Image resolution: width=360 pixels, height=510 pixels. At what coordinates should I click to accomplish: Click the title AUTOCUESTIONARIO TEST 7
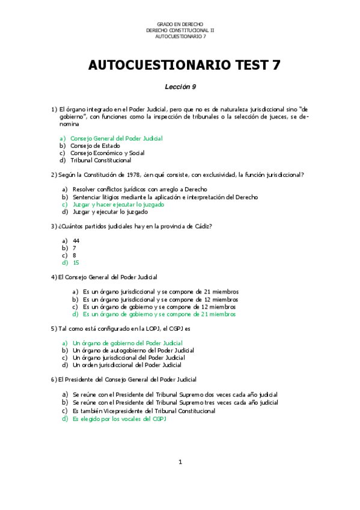180,65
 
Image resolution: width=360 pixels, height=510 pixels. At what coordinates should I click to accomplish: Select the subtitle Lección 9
180,87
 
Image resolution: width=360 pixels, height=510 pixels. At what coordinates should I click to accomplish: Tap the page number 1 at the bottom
180,462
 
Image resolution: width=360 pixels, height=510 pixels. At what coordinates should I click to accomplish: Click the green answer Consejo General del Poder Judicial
116,138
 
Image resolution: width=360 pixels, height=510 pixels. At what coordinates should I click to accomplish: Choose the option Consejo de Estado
95,146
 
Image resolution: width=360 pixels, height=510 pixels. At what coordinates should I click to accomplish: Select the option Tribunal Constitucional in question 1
100,160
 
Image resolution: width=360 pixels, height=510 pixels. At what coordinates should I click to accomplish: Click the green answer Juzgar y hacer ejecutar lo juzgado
118,204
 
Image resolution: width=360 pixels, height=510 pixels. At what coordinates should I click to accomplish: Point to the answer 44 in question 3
76,241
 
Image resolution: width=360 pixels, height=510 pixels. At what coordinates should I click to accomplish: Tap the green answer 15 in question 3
76,263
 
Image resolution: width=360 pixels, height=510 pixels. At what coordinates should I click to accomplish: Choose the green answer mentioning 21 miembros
159,314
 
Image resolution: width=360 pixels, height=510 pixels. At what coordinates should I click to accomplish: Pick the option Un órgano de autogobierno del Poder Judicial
133,350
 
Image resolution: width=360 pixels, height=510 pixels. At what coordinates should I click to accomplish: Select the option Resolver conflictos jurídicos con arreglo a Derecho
136,190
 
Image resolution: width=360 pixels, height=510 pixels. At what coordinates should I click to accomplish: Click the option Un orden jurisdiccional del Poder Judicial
127,364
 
